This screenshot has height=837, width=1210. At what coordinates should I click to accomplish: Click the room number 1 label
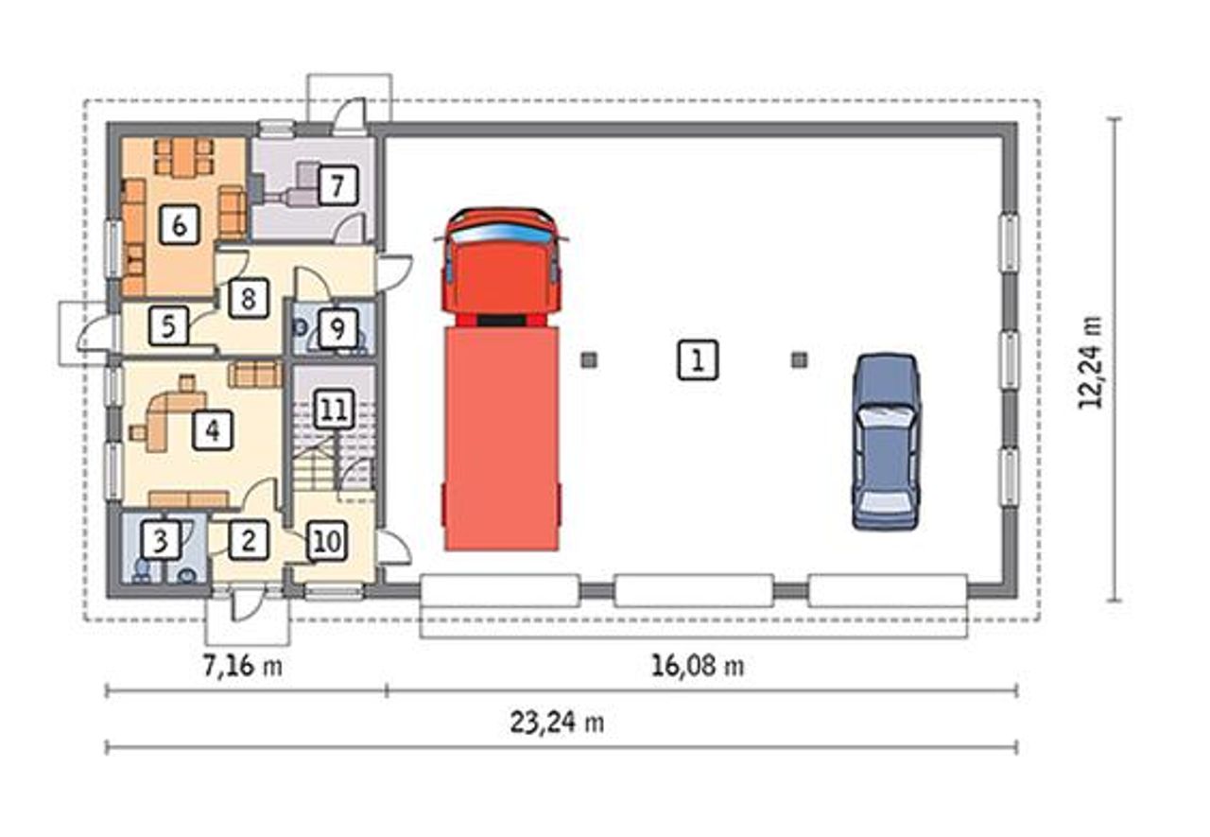tap(698, 360)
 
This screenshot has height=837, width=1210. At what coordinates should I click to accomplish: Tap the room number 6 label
tap(180, 225)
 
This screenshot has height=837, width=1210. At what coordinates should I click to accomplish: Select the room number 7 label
tap(337, 186)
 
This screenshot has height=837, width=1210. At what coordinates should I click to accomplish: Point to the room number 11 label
tap(334, 410)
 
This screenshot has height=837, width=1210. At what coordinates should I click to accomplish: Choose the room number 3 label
tap(161, 540)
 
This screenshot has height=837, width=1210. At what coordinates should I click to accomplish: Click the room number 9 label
tap(337, 328)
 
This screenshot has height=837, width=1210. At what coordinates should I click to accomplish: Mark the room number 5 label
tap(168, 326)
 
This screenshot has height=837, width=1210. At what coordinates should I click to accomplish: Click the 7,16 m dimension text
tap(243, 666)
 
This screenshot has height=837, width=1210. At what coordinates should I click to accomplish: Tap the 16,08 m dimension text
tap(698, 666)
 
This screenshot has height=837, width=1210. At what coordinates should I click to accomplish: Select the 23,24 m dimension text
tap(557, 723)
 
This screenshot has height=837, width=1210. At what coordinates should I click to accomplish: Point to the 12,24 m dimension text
tap(1090, 362)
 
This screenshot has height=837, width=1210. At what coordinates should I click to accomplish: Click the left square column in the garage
tap(589, 360)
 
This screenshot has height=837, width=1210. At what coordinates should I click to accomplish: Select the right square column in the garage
tap(800, 360)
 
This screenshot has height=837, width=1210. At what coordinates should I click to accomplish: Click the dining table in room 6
tap(183, 158)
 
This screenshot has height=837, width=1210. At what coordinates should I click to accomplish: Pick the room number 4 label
tap(213, 430)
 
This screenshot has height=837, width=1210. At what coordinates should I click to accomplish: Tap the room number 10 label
tap(327, 541)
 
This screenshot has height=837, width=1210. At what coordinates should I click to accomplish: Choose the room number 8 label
tap(248, 298)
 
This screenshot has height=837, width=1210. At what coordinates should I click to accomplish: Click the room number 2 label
tap(248, 540)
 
